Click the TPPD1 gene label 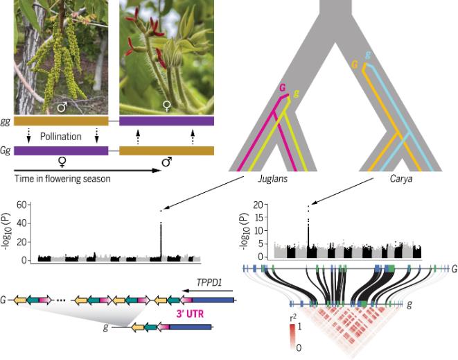pyautogui.click(x=208, y=284)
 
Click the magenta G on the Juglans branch pyautogui.click(x=282, y=87)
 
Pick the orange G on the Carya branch pyautogui.click(x=355, y=65)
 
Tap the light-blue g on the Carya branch pyautogui.click(x=367, y=55)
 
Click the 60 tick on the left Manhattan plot pyautogui.click(x=21, y=205)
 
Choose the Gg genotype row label pyautogui.click(x=6, y=150)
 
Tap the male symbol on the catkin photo pyautogui.click(x=62, y=107)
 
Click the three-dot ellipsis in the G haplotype pyautogui.click(x=60, y=300)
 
